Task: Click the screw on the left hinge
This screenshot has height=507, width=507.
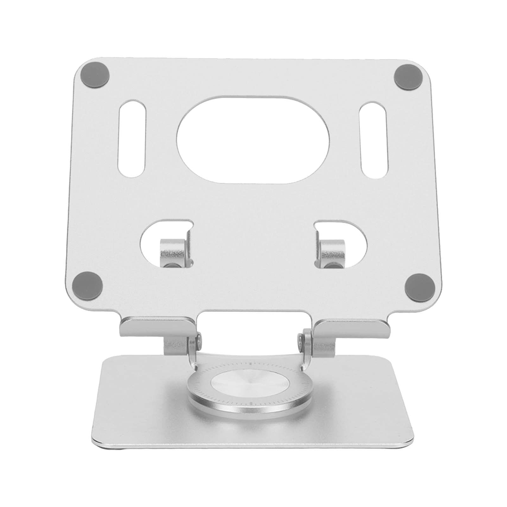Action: pyautogui.click(x=199, y=339)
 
